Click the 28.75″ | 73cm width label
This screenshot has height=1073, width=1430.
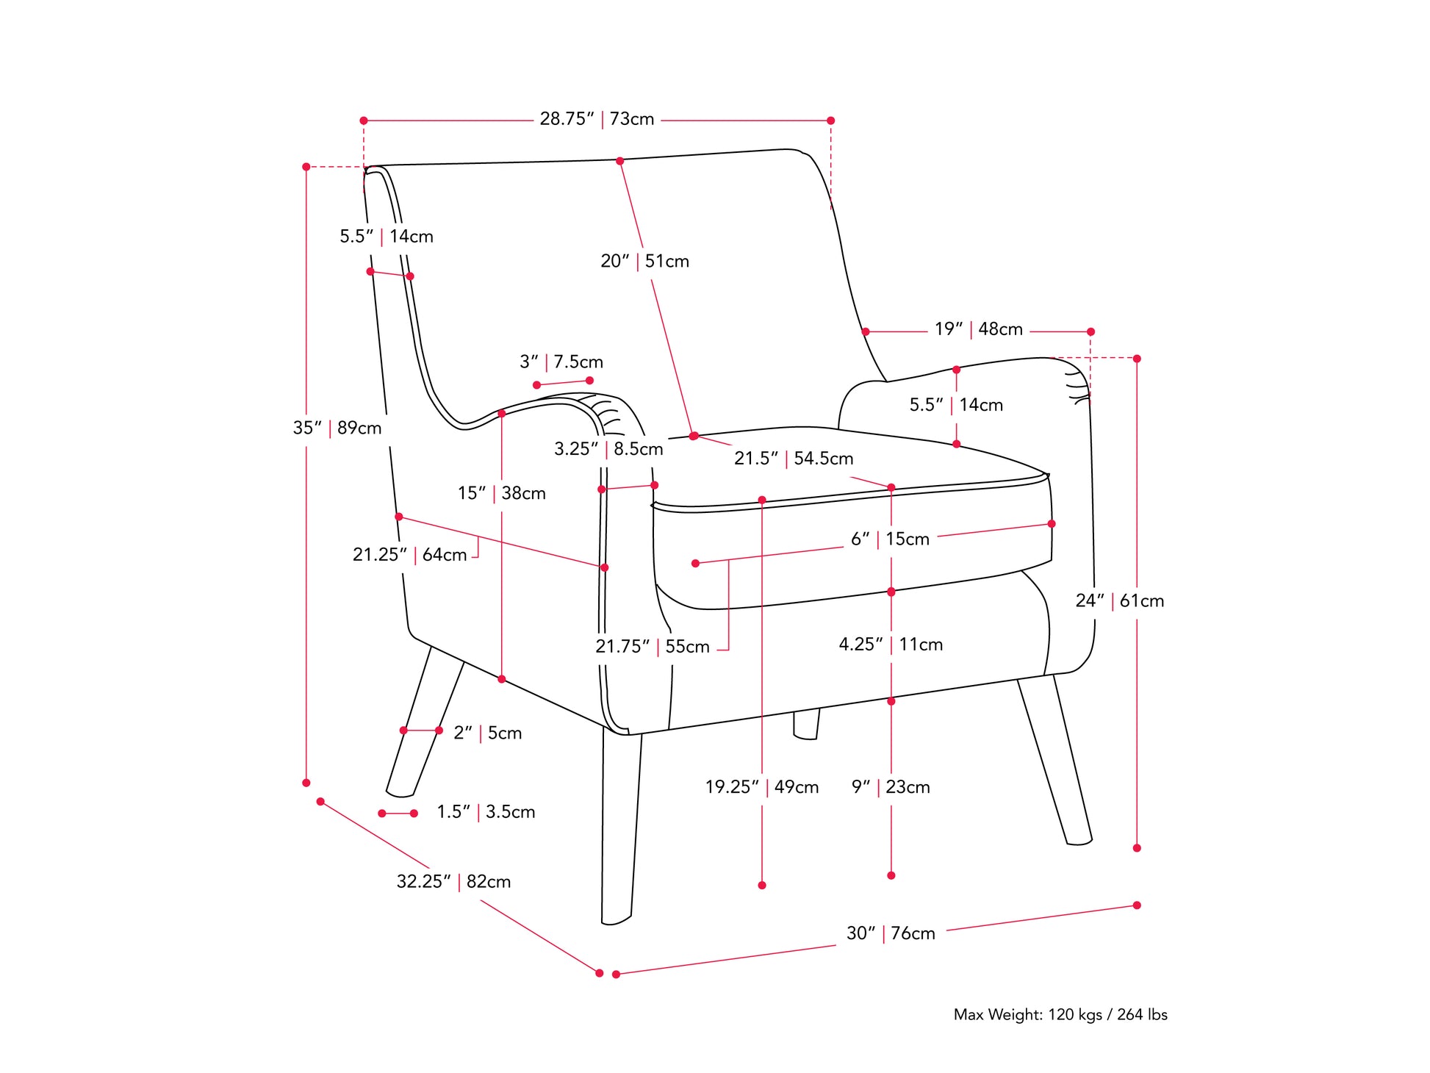click(x=597, y=119)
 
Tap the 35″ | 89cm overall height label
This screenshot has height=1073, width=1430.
click(x=337, y=428)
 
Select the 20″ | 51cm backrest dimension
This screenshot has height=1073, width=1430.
click(x=644, y=261)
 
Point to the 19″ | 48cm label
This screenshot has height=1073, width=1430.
click(x=978, y=329)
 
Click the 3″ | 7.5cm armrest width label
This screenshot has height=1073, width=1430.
click(x=561, y=362)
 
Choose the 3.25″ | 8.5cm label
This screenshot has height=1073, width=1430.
click(x=608, y=449)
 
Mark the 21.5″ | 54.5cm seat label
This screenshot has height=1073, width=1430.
click(x=794, y=459)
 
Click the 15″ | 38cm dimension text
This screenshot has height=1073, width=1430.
click(x=502, y=493)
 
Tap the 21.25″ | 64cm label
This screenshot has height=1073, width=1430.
click(x=409, y=555)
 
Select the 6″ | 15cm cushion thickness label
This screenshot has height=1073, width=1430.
click(x=890, y=539)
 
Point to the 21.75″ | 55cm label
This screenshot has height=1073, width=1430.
click(x=653, y=647)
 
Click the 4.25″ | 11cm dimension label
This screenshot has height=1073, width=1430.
click(x=891, y=645)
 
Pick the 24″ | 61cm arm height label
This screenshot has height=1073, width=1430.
click(x=1119, y=601)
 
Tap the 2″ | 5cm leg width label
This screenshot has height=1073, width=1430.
click(x=488, y=733)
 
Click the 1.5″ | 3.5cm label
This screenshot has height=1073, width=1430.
click(x=486, y=812)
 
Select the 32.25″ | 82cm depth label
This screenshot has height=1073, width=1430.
click(x=453, y=881)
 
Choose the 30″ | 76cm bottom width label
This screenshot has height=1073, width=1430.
click(x=891, y=933)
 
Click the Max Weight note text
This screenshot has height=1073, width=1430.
click(x=1060, y=1015)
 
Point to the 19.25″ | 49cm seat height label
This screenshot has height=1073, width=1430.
click(x=762, y=787)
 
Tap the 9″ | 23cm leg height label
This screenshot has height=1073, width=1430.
click(x=891, y=787)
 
